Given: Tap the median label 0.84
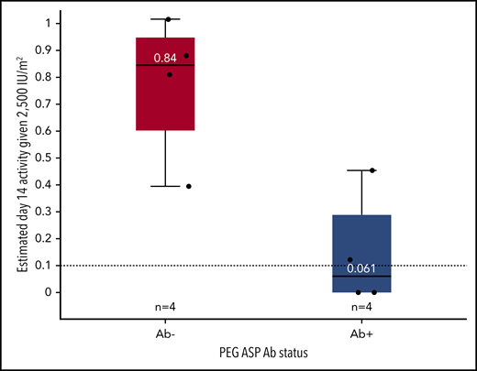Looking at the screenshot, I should coord(165,58).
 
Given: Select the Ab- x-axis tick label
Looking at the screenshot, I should coord(165,325).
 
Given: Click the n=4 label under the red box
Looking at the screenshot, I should coord(165,306).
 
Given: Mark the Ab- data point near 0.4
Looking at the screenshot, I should coord(188,186).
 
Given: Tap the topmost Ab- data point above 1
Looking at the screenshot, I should coord(168,19).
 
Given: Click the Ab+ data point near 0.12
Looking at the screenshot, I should coord(349,260).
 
